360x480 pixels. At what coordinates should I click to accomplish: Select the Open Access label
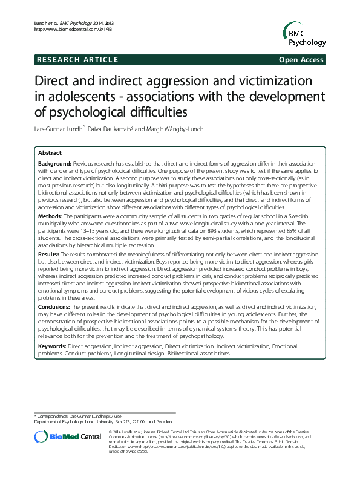[301, 60]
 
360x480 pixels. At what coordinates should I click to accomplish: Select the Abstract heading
[50, 154]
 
